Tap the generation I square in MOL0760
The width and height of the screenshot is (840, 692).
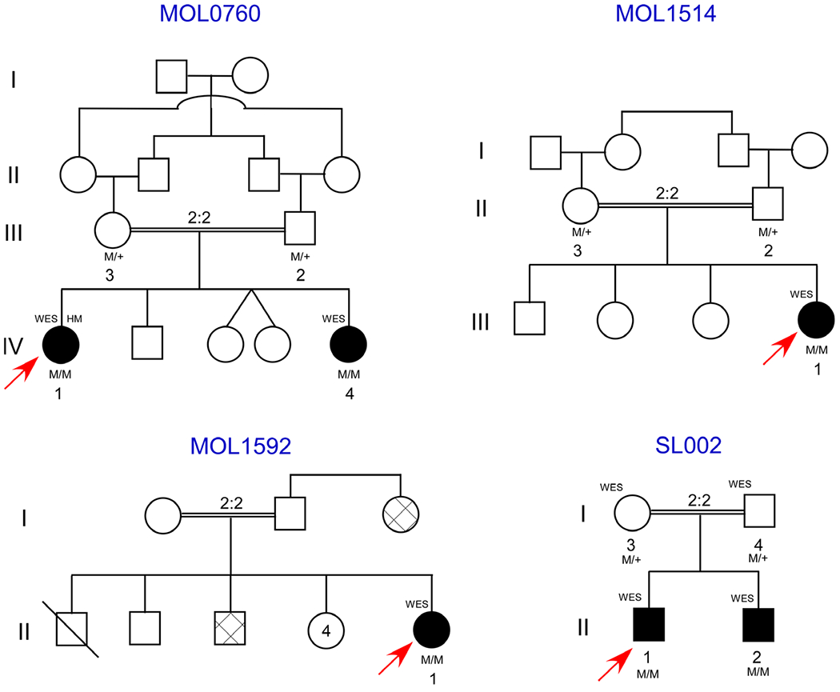pos(171,78)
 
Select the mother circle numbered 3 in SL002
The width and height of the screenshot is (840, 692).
pos(631,509)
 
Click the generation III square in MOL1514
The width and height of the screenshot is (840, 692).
pos(530,319)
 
